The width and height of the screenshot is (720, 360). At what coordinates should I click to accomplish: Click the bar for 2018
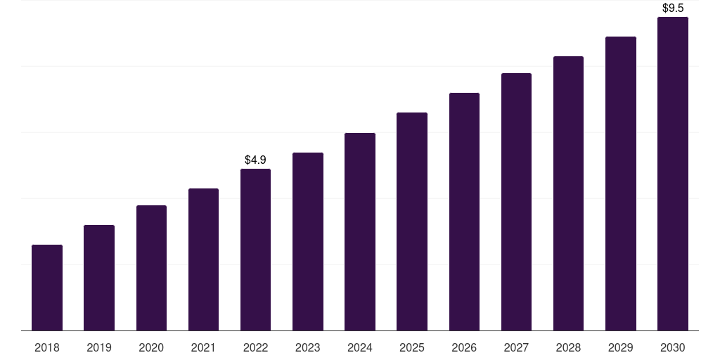coord(47,288)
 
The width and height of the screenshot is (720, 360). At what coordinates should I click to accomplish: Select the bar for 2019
coord(99,278)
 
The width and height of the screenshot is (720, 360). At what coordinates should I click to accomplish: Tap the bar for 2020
coord(151,268)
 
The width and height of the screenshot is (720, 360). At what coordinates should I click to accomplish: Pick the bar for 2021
coord(203,259)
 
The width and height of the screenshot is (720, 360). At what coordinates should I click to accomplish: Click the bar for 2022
coord(255,250)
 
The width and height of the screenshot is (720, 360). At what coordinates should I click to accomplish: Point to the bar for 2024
coord(360,231)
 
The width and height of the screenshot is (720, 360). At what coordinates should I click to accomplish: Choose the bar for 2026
coord(464,212)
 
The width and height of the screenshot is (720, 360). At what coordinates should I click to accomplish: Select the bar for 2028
coord(568,193)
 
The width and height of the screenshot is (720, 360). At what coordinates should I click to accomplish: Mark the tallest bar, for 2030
coord(673,174)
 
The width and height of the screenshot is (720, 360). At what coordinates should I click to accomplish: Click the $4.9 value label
coord(255,160)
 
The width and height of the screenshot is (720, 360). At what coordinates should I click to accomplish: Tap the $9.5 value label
coord(673,8)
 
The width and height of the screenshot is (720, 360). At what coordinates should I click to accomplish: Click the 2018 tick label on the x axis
coord(47,347)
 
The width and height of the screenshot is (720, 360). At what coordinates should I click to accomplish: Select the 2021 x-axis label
coord(203,347)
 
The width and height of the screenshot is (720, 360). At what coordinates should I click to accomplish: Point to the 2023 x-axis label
coord(308,347)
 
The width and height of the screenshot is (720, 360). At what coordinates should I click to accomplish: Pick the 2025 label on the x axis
coord(412,347)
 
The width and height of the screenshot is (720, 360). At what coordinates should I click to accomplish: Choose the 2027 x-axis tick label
coord(516,347)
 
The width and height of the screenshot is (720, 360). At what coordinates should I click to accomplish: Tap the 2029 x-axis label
coord(620,347)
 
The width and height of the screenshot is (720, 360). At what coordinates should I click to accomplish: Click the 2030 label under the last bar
coord(673,347)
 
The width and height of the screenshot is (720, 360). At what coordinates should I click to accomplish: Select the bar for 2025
coord(412,221)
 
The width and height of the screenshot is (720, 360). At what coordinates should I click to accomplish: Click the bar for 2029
coord(620,184)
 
